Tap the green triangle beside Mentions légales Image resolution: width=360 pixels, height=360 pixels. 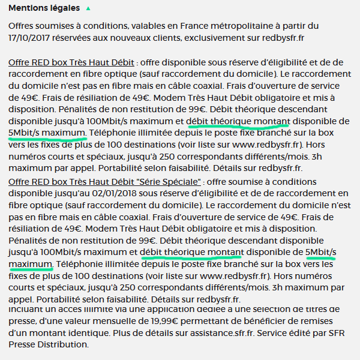click(88, 8)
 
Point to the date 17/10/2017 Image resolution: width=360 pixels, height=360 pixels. click(31, 37)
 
